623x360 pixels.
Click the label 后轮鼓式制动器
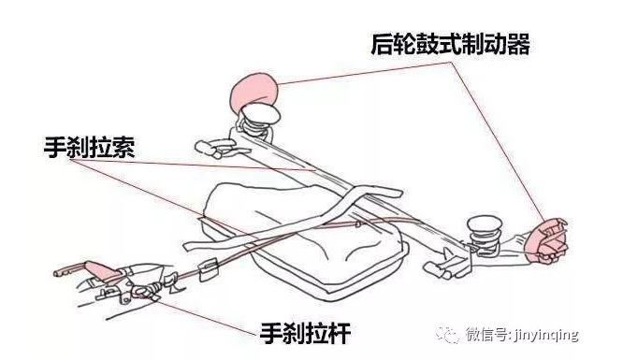[450, 44]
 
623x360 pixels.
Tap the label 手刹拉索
[90, 148]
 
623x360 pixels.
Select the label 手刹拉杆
[306, 333]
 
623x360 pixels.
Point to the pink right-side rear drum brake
[546, 240]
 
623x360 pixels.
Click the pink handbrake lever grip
[99, 270]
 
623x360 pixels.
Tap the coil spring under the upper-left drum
[254, 126]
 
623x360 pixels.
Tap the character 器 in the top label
[518, 44]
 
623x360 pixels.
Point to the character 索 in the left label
[123, 148]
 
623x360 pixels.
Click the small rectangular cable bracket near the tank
[209, 269]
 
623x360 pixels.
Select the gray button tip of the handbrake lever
[60, 272]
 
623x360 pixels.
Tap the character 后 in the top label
[383, 44]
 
